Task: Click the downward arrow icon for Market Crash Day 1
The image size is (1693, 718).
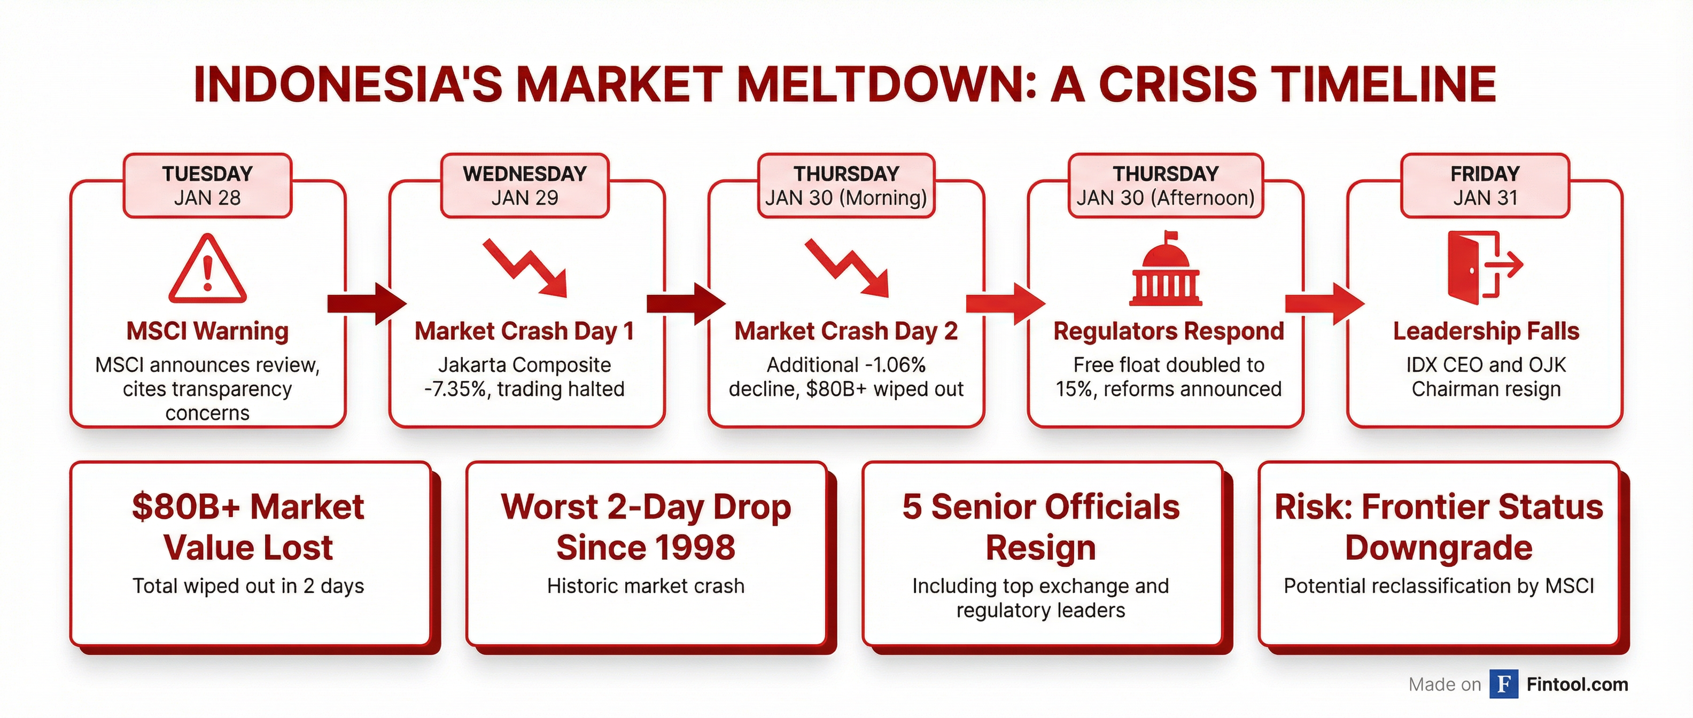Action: pyautogui.click(x=525, y=268)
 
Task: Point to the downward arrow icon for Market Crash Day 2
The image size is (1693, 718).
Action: pyautogui.click(x=847, y=268)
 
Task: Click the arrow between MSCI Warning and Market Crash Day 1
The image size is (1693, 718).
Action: pyautogui.click(x=367, y=303)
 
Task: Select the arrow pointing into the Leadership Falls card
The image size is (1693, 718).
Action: pyautogui.click(x=1325, y=303)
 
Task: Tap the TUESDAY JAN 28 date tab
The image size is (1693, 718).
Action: pyautogui.click(x=208, y=186)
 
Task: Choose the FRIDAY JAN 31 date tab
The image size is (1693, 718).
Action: pyautogui.click(x=1485, y=186)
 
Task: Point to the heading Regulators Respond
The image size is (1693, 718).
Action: pyautogui.click(x=1169, y=331)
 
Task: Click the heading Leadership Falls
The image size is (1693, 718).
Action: pyautogui.click(x=1486, y=331)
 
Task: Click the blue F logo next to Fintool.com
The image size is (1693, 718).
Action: pyautogui.click(x=1504, y=684)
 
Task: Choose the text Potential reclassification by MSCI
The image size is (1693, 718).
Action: pyautogui.click(x=1439, y=586)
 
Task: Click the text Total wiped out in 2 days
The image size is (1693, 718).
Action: pyautogui.click(x=248, y=586)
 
